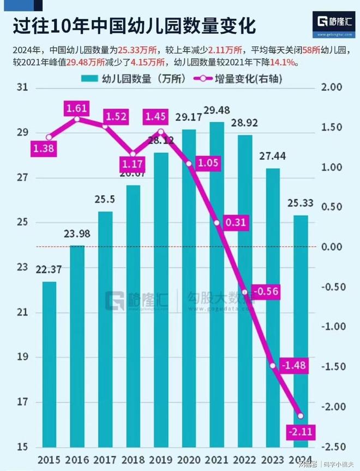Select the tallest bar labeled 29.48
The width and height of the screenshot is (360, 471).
pos(217,283)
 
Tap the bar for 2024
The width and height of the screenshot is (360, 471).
pos(301,330)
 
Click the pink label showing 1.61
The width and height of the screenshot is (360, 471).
pos(77,108)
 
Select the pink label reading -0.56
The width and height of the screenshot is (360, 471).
pos(266,292)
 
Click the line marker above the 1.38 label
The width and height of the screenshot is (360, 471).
pos(49,137)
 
